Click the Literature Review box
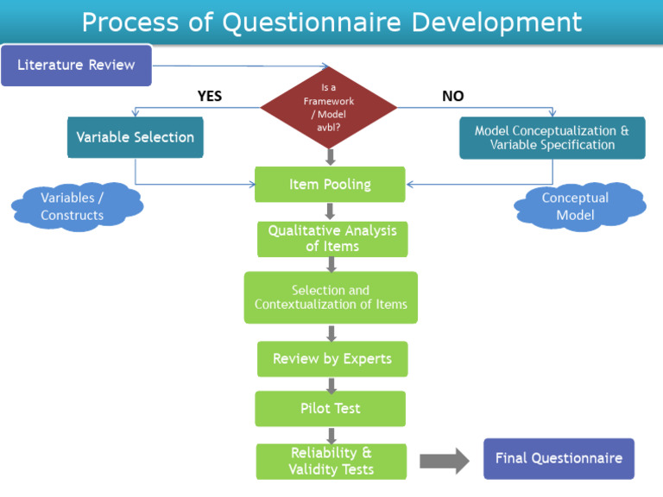pyautogui.click(x=76, y=66)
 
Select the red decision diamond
pyautogui.click(x=330, y=107)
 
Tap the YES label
pyautogui.click(x=210, y=97)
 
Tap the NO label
pyautogui.click(x=452, y=97)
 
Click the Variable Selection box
pyautogui.click(x=136, y=137)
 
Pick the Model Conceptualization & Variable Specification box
pyautogui.click(x=552, y=138)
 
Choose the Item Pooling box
pyautogui.click(x=330, y=184)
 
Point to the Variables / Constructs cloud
pyautogui.click(x=74, y=206)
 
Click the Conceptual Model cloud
pyautogui.click(x=576, y=206)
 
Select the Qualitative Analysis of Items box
pyautogui.click(x=331, y=238)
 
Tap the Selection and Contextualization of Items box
pyautogui.click(x=331, y=298)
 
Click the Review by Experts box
pyautogui.click(x=331, y=358)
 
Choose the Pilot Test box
pyautogui.click(x=330, y=408)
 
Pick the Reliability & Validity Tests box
pyautogui.click(x=331, y=462)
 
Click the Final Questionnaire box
pyautogui.click(x=559, y=458)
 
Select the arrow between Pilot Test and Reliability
pyautogui.click(x=331, y=435)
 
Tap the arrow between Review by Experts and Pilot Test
pyautogui.click(x=331, y=384)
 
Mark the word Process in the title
pyautogui.click(x=130, y=22)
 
